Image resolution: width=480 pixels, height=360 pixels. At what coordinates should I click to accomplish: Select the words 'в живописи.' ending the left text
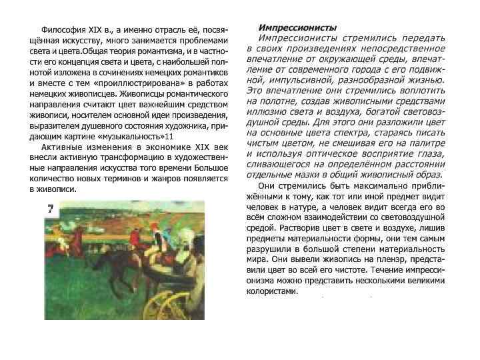point(53,189)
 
